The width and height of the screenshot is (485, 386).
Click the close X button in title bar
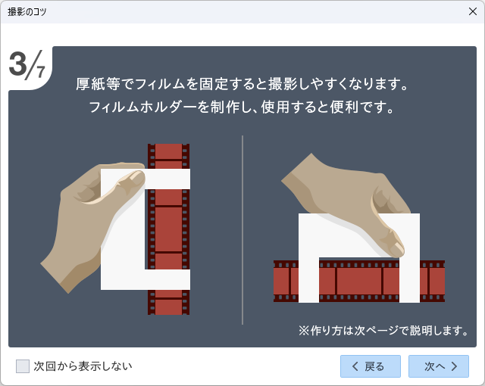tap(472, 11)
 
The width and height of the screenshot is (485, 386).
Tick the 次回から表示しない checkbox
tap(23, 366)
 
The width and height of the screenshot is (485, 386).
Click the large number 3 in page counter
tap(18, 64)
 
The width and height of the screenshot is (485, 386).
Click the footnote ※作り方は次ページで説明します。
tap(383, 330)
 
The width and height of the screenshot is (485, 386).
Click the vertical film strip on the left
tap(168, 227)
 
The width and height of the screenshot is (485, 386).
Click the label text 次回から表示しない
tap(83, 366)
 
